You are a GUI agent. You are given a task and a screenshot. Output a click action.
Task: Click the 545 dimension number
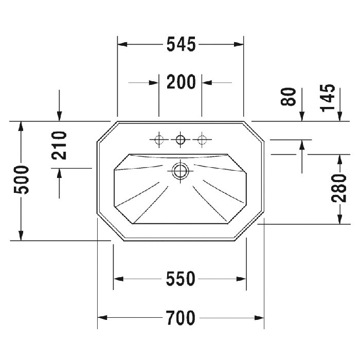coord(181,44)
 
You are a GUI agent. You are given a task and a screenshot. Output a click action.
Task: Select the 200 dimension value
coord(181,82)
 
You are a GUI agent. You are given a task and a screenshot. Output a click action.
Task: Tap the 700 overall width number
coord(181,318)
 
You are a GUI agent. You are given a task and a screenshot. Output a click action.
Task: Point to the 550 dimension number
coord(181,279)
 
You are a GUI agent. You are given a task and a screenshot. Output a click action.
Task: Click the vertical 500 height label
coord(22,180)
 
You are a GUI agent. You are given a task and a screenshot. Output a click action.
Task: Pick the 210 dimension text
coord(59,146)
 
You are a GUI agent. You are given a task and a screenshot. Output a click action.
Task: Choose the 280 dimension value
coord(339,188)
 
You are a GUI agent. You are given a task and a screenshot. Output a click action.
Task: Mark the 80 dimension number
coord(289,97)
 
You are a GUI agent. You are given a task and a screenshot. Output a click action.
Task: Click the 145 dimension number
coord(328,98)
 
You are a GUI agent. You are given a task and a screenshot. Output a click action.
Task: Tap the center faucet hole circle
coord(181,139)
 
